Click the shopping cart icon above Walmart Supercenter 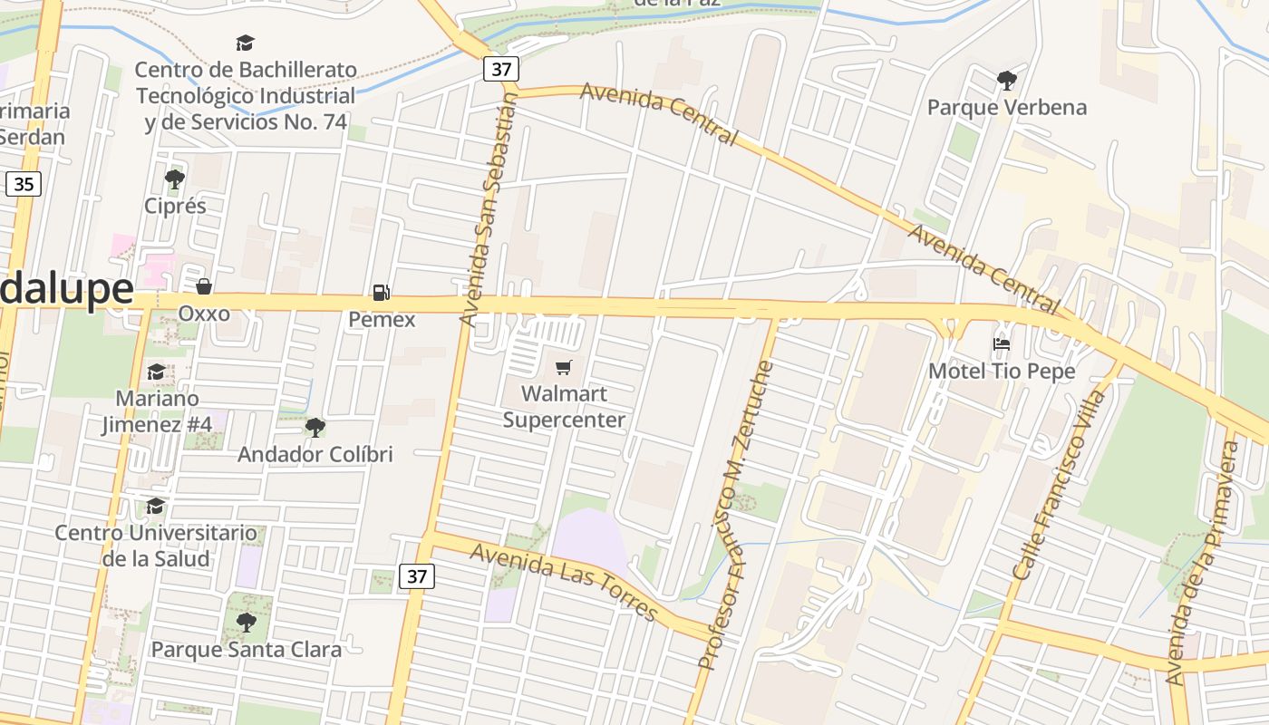point(564,367)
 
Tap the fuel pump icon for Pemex point(382,293)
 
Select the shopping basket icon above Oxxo point(204,286)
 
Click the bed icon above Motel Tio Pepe point(1002,344)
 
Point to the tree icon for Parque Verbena point(1006,81)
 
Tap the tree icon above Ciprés point(175,179)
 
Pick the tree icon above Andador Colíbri point(315,427)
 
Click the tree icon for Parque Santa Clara point(246,623)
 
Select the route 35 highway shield point(24,185)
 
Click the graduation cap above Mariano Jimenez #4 point(156,372)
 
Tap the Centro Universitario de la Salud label point(156,546)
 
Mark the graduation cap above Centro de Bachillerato point(245,43)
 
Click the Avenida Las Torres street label point(564,583)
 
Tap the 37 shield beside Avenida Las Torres point(417,575)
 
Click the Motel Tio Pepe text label point(1002,372)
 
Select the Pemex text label point(382,320)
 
